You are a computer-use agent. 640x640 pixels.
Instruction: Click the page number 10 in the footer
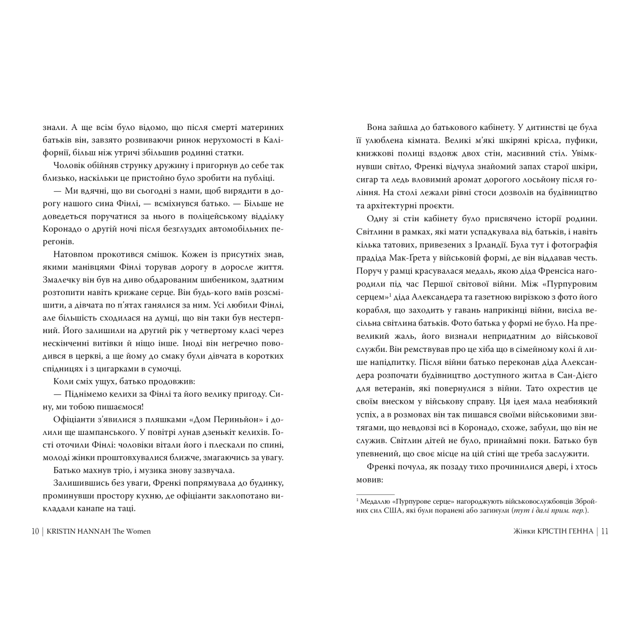point(35,532)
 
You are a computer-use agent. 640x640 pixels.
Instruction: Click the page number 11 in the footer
point(604,532)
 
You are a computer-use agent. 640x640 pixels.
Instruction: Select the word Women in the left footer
point(139,532)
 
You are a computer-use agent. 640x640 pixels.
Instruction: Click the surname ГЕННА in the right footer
point(578,532)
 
